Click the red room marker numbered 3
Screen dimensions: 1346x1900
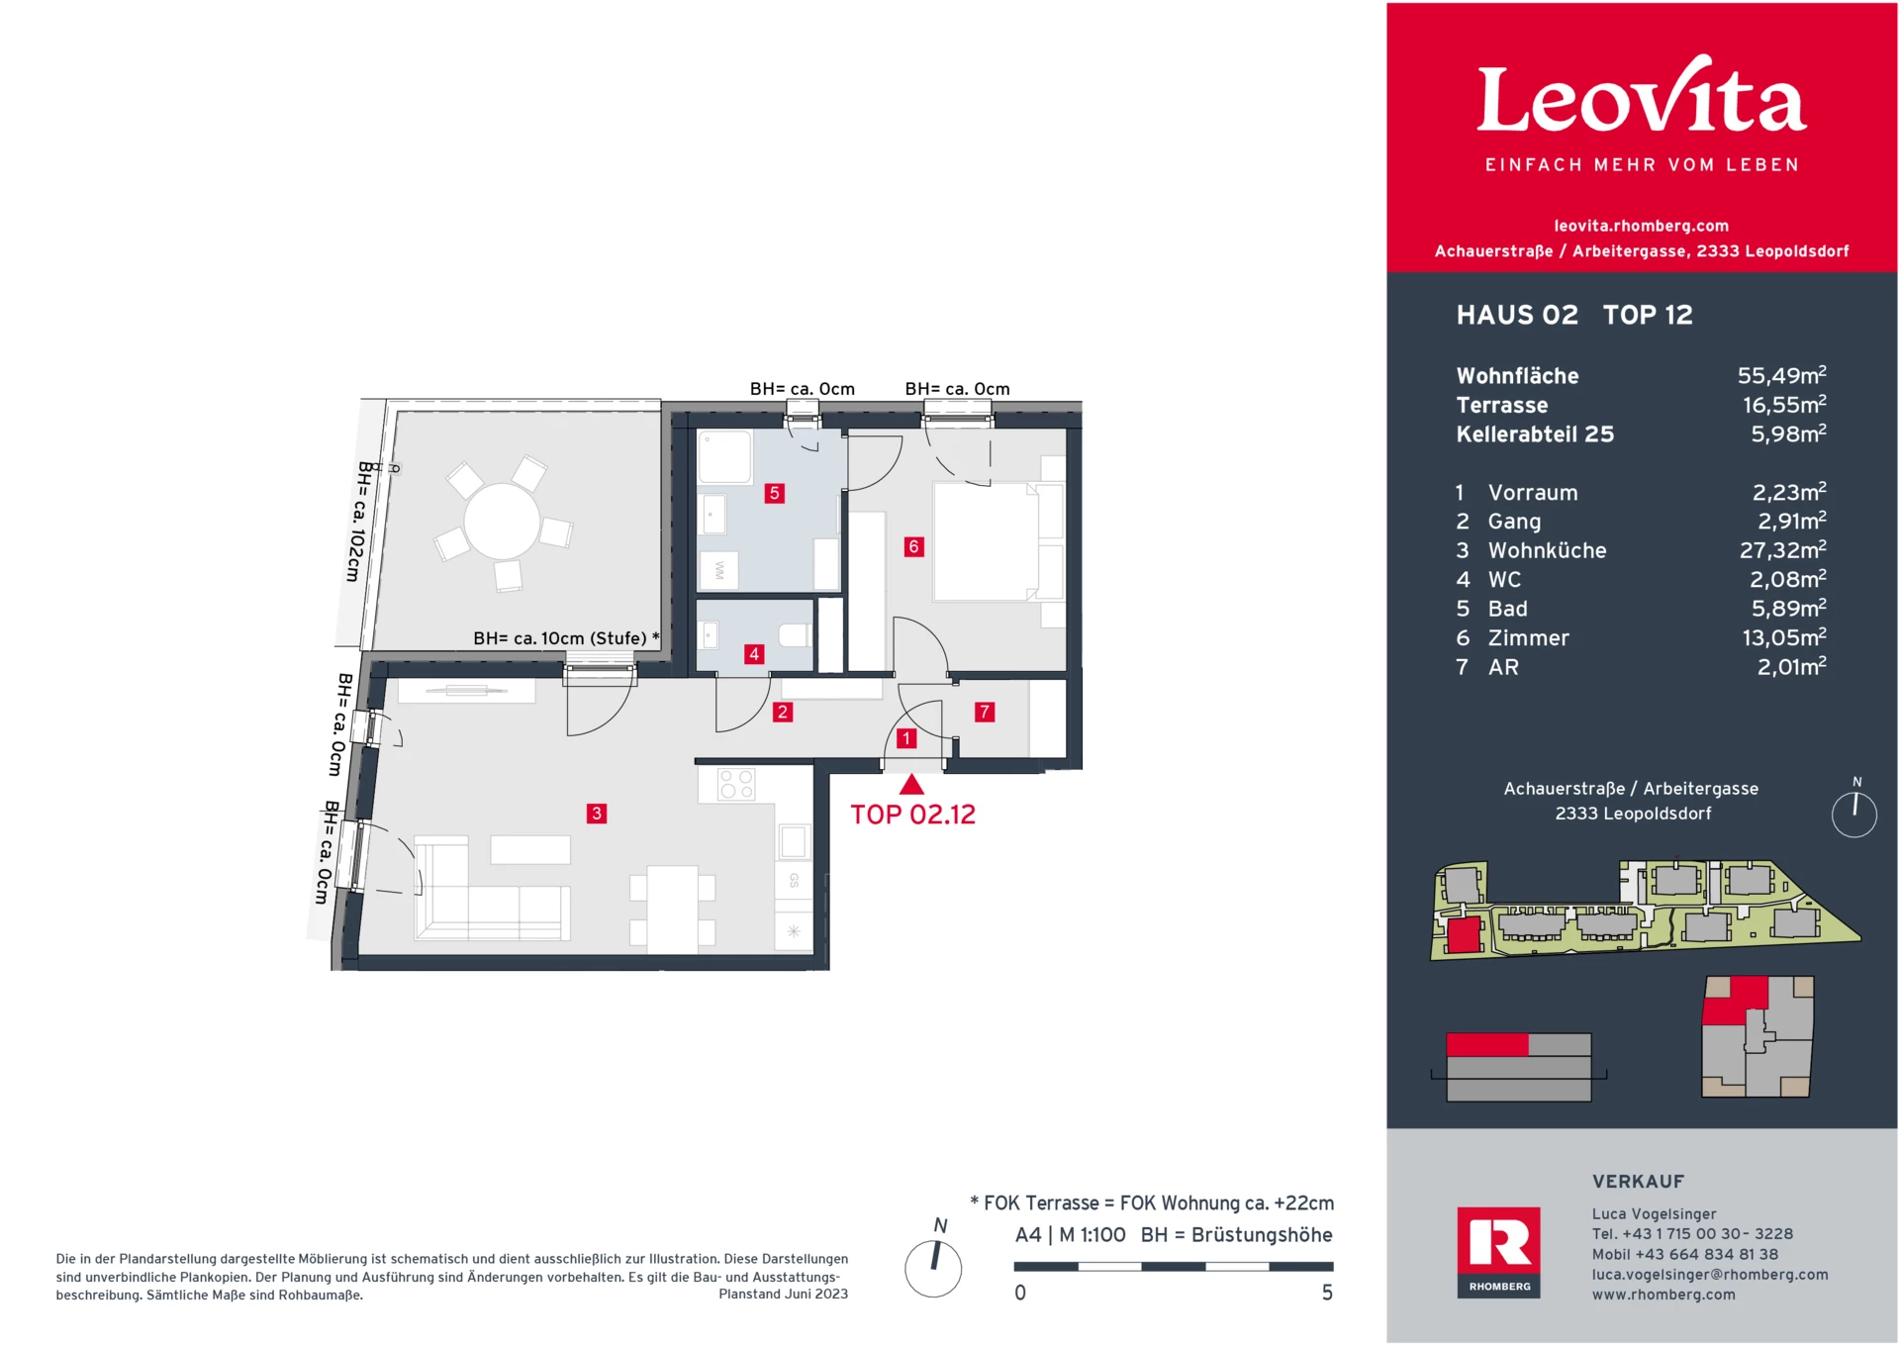[x=596, y=814]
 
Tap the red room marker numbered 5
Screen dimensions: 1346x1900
[x=775, y=493]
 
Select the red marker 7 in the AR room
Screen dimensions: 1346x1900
[x=984, y=712]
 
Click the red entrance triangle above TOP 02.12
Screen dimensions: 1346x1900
[x=911, y=786]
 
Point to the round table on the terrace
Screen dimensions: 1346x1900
[x=502, y=521]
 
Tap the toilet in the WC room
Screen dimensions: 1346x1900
[x=795, y=634]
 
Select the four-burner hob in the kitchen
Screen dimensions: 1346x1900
[x=736, y=785]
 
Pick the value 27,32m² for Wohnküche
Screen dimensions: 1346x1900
[x=1782, y=550]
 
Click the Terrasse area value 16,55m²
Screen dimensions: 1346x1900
[x=1783, y=405]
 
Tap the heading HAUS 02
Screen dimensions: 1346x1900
[x=1516, y=315]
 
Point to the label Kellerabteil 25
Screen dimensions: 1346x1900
[x=1534, y=434]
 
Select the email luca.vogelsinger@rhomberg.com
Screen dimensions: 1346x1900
[x=1709, y=1275]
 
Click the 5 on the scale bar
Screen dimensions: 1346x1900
[x=1327, y=1293]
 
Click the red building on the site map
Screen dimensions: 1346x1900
[x=1463, y=934]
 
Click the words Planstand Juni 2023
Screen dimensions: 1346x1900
[x=783, y=1294]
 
